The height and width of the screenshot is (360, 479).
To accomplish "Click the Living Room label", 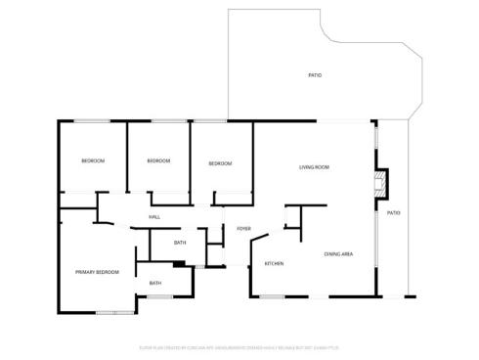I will pyautogui.click(x=314, y=167).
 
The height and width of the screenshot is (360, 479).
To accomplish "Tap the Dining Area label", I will pyautogui.click(x=338, y=254).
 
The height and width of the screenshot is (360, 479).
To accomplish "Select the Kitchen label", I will pyautogui.click(x=274, y=264).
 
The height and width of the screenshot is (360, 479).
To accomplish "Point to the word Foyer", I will pyautogui.click(x=243, y=229).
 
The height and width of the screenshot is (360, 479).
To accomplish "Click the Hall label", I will pyautogui.click(x=154, y=217).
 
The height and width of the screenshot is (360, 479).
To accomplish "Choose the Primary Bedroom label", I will pyautogui.click(x=97, y=272).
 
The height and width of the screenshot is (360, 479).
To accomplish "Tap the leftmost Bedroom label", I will pyautogui.click(x=93, y=160).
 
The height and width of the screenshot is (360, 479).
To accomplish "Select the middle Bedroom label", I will pyautogui.click(x=158, y=160).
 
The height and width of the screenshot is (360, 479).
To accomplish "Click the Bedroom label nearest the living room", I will pyautogui.click(x=221, y=163).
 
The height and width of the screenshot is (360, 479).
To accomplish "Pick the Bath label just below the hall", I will pyautogui.click(x=180, y=243).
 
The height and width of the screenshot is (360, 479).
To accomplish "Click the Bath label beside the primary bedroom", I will pyautogui.click(x=155, y=283).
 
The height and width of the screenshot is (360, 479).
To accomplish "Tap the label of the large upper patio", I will pyautogui.click(x=315, y=75).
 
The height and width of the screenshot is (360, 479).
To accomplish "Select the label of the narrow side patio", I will pyautogui.click(x=393, y=212).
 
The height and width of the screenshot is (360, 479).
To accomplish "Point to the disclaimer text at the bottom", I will pyautogui.click(x=239, y=346).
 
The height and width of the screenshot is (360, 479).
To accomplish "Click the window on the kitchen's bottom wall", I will pyautogui.click(x=272, y=296).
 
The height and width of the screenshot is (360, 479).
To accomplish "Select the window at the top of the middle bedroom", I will pyautogui.click(x=158, y=120).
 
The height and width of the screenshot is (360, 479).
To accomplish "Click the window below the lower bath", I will pyautogui.click(x=159, y=296).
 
